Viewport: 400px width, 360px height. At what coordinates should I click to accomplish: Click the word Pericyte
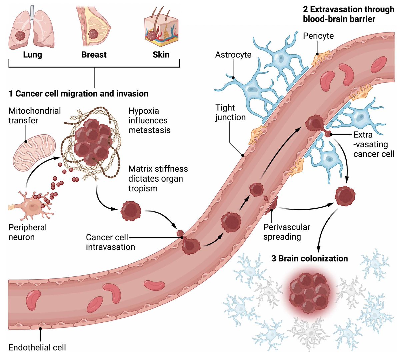tap(318, 36)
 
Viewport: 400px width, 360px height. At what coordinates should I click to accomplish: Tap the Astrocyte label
tap(233, 55)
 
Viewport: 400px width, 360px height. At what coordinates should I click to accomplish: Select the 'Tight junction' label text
tap(230, 113)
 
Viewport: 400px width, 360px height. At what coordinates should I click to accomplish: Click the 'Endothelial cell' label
tap(37, 347)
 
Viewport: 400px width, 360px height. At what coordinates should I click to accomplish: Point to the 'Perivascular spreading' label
tap(287, 232)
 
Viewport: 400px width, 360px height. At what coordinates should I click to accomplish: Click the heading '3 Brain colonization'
tap(309, 258)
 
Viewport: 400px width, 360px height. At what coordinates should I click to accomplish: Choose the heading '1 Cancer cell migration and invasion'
tap(78, 94)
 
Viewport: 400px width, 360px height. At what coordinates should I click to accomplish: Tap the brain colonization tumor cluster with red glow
tap(309, 293)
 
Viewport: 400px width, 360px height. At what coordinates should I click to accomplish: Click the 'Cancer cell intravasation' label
tap(110, 242)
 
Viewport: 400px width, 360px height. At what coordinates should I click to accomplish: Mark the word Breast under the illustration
tap(94, 55)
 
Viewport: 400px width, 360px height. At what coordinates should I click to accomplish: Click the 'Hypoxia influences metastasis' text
tap(149, 120)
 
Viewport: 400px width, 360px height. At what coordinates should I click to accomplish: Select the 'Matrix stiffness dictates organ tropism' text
tap(158, 178)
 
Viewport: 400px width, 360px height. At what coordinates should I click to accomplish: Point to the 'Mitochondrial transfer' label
tap(34, 116)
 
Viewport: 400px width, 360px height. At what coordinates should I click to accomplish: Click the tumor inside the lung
tap(20, 36)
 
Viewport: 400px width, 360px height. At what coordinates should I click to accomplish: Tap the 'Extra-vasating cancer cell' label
tap(374, 144)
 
